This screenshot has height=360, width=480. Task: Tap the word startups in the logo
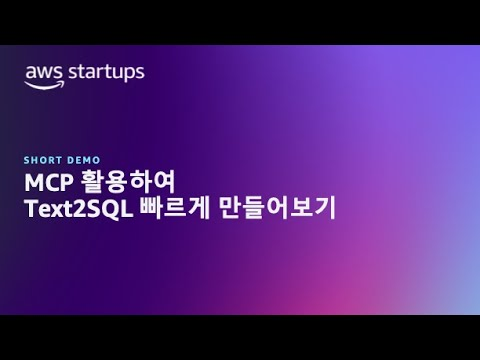(x=103, y=73)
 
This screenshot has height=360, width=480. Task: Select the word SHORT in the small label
(x=38, y=158)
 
